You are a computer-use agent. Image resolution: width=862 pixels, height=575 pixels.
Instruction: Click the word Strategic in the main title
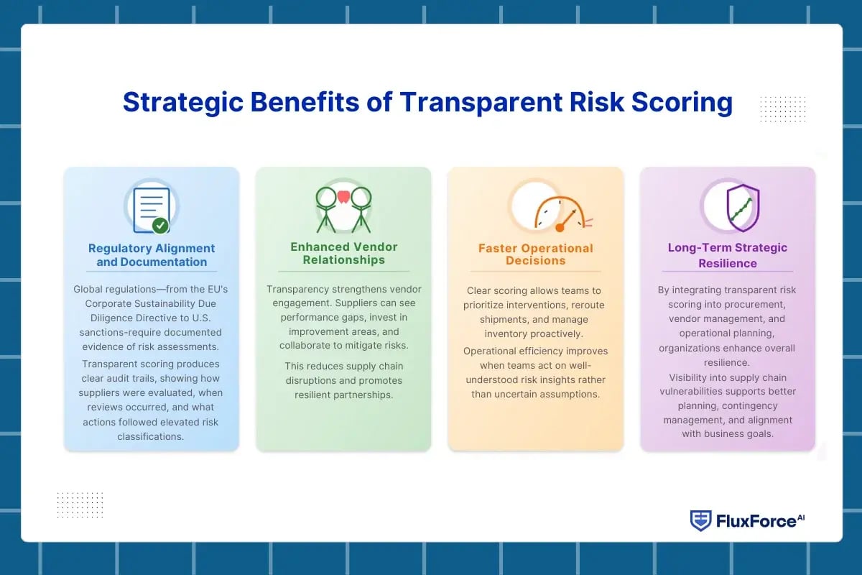tap(183, 103)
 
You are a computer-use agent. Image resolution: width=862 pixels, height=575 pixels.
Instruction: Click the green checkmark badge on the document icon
tap(160, 226)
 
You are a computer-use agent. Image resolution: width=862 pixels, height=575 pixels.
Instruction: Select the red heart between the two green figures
tap(343, 197)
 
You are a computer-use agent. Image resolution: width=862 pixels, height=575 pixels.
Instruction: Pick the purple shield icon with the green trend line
tap(743, 208)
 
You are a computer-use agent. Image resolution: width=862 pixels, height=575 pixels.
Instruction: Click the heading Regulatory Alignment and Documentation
tap(152, 255)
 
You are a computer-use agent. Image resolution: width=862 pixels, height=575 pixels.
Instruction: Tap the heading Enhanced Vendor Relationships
tap(343, 253)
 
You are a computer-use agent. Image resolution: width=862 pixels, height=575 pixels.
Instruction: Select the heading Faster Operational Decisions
tap(536, 254)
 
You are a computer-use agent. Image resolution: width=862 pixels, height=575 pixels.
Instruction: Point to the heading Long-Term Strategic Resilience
tap(727, 255)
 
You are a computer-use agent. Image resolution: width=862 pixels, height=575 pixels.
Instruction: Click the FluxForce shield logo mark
tap(700, 520)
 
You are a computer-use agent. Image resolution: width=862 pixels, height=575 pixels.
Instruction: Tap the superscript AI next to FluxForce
tap(801, 517)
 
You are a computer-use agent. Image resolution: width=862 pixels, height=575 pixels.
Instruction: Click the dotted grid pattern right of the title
tap(783, 109)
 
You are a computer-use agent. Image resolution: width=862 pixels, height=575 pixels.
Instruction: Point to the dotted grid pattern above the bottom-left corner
tap(80, 505)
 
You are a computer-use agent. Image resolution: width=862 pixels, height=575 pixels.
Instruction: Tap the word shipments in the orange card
tap(504, 320)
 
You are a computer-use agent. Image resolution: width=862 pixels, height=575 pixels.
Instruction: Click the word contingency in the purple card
tap(750, 406)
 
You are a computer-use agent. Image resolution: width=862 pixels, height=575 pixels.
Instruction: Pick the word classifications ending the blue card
tap(150, 437)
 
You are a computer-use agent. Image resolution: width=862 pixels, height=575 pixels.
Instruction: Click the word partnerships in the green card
tap(361, 395)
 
